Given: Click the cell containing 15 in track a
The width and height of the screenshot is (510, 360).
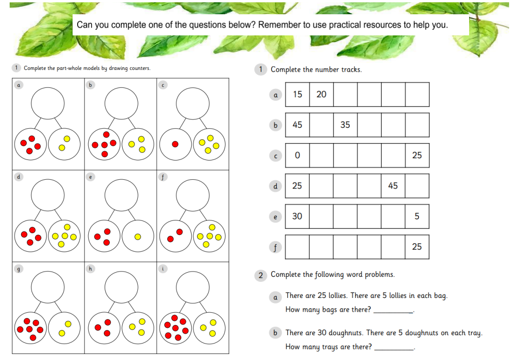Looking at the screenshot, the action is (297, 94).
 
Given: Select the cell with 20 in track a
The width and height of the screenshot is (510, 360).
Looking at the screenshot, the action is (321, 94).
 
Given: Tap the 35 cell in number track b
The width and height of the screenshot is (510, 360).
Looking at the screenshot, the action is (346, 125).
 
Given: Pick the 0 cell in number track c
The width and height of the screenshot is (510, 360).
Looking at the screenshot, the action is (297, 155).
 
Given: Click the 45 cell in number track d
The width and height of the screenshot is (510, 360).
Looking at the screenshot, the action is (393, 186).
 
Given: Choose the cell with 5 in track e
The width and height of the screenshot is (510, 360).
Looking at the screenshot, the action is (417, 217).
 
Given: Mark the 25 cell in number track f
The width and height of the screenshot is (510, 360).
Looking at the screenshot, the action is (417, 247).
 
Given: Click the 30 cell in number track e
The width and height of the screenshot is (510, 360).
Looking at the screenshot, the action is (297, 217).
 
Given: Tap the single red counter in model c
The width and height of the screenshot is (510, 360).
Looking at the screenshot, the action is (175, 144).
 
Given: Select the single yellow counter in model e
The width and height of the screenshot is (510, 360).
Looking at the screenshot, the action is (137, 237).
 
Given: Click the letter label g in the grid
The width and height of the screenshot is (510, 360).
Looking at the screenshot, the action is (18, 269).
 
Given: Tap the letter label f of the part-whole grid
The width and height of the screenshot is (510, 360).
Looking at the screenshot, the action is (163, 177).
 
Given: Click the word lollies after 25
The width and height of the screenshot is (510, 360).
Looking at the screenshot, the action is (338, 296).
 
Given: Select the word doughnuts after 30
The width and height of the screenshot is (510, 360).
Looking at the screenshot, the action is (346, 333).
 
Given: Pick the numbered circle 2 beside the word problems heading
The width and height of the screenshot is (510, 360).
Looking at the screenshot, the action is (261, 275).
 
